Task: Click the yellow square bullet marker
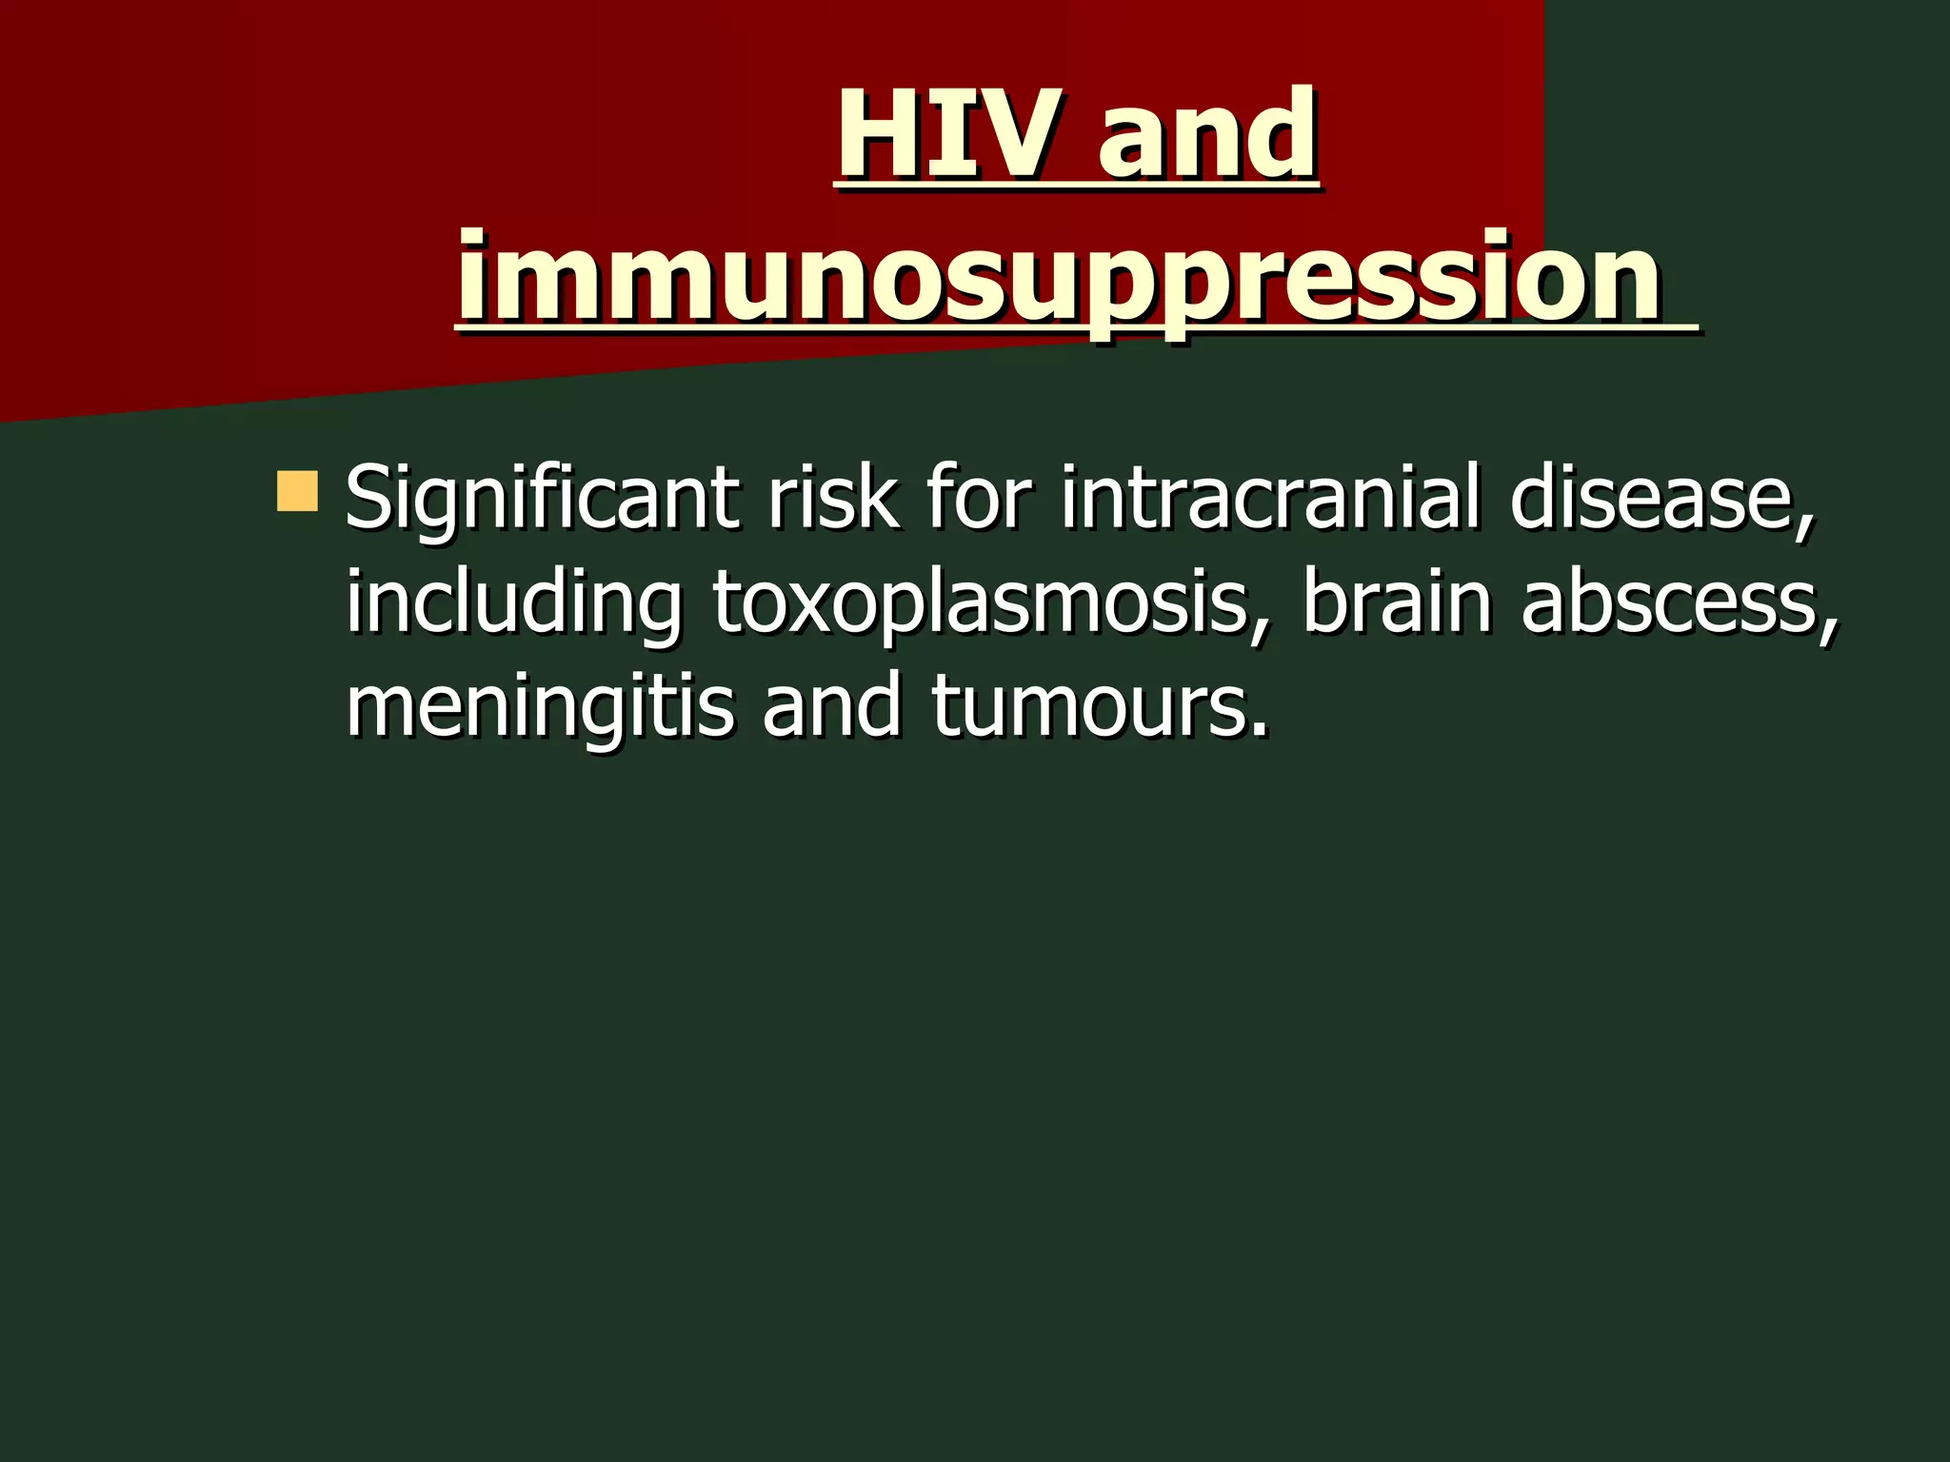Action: coord(297,490)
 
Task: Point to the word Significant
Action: coord(542,500)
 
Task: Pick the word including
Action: coord(513,604)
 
